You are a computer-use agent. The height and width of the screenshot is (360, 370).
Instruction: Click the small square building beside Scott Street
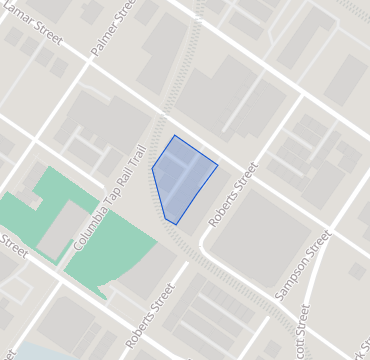357,271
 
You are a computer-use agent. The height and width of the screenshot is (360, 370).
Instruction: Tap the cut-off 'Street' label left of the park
14,246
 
